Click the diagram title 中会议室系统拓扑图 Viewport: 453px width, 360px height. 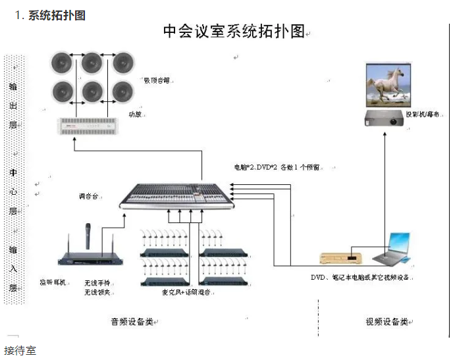tap(234, 31)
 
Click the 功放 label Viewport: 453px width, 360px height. tap(134, 114)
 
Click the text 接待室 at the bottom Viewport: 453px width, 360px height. tap(20, 350)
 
